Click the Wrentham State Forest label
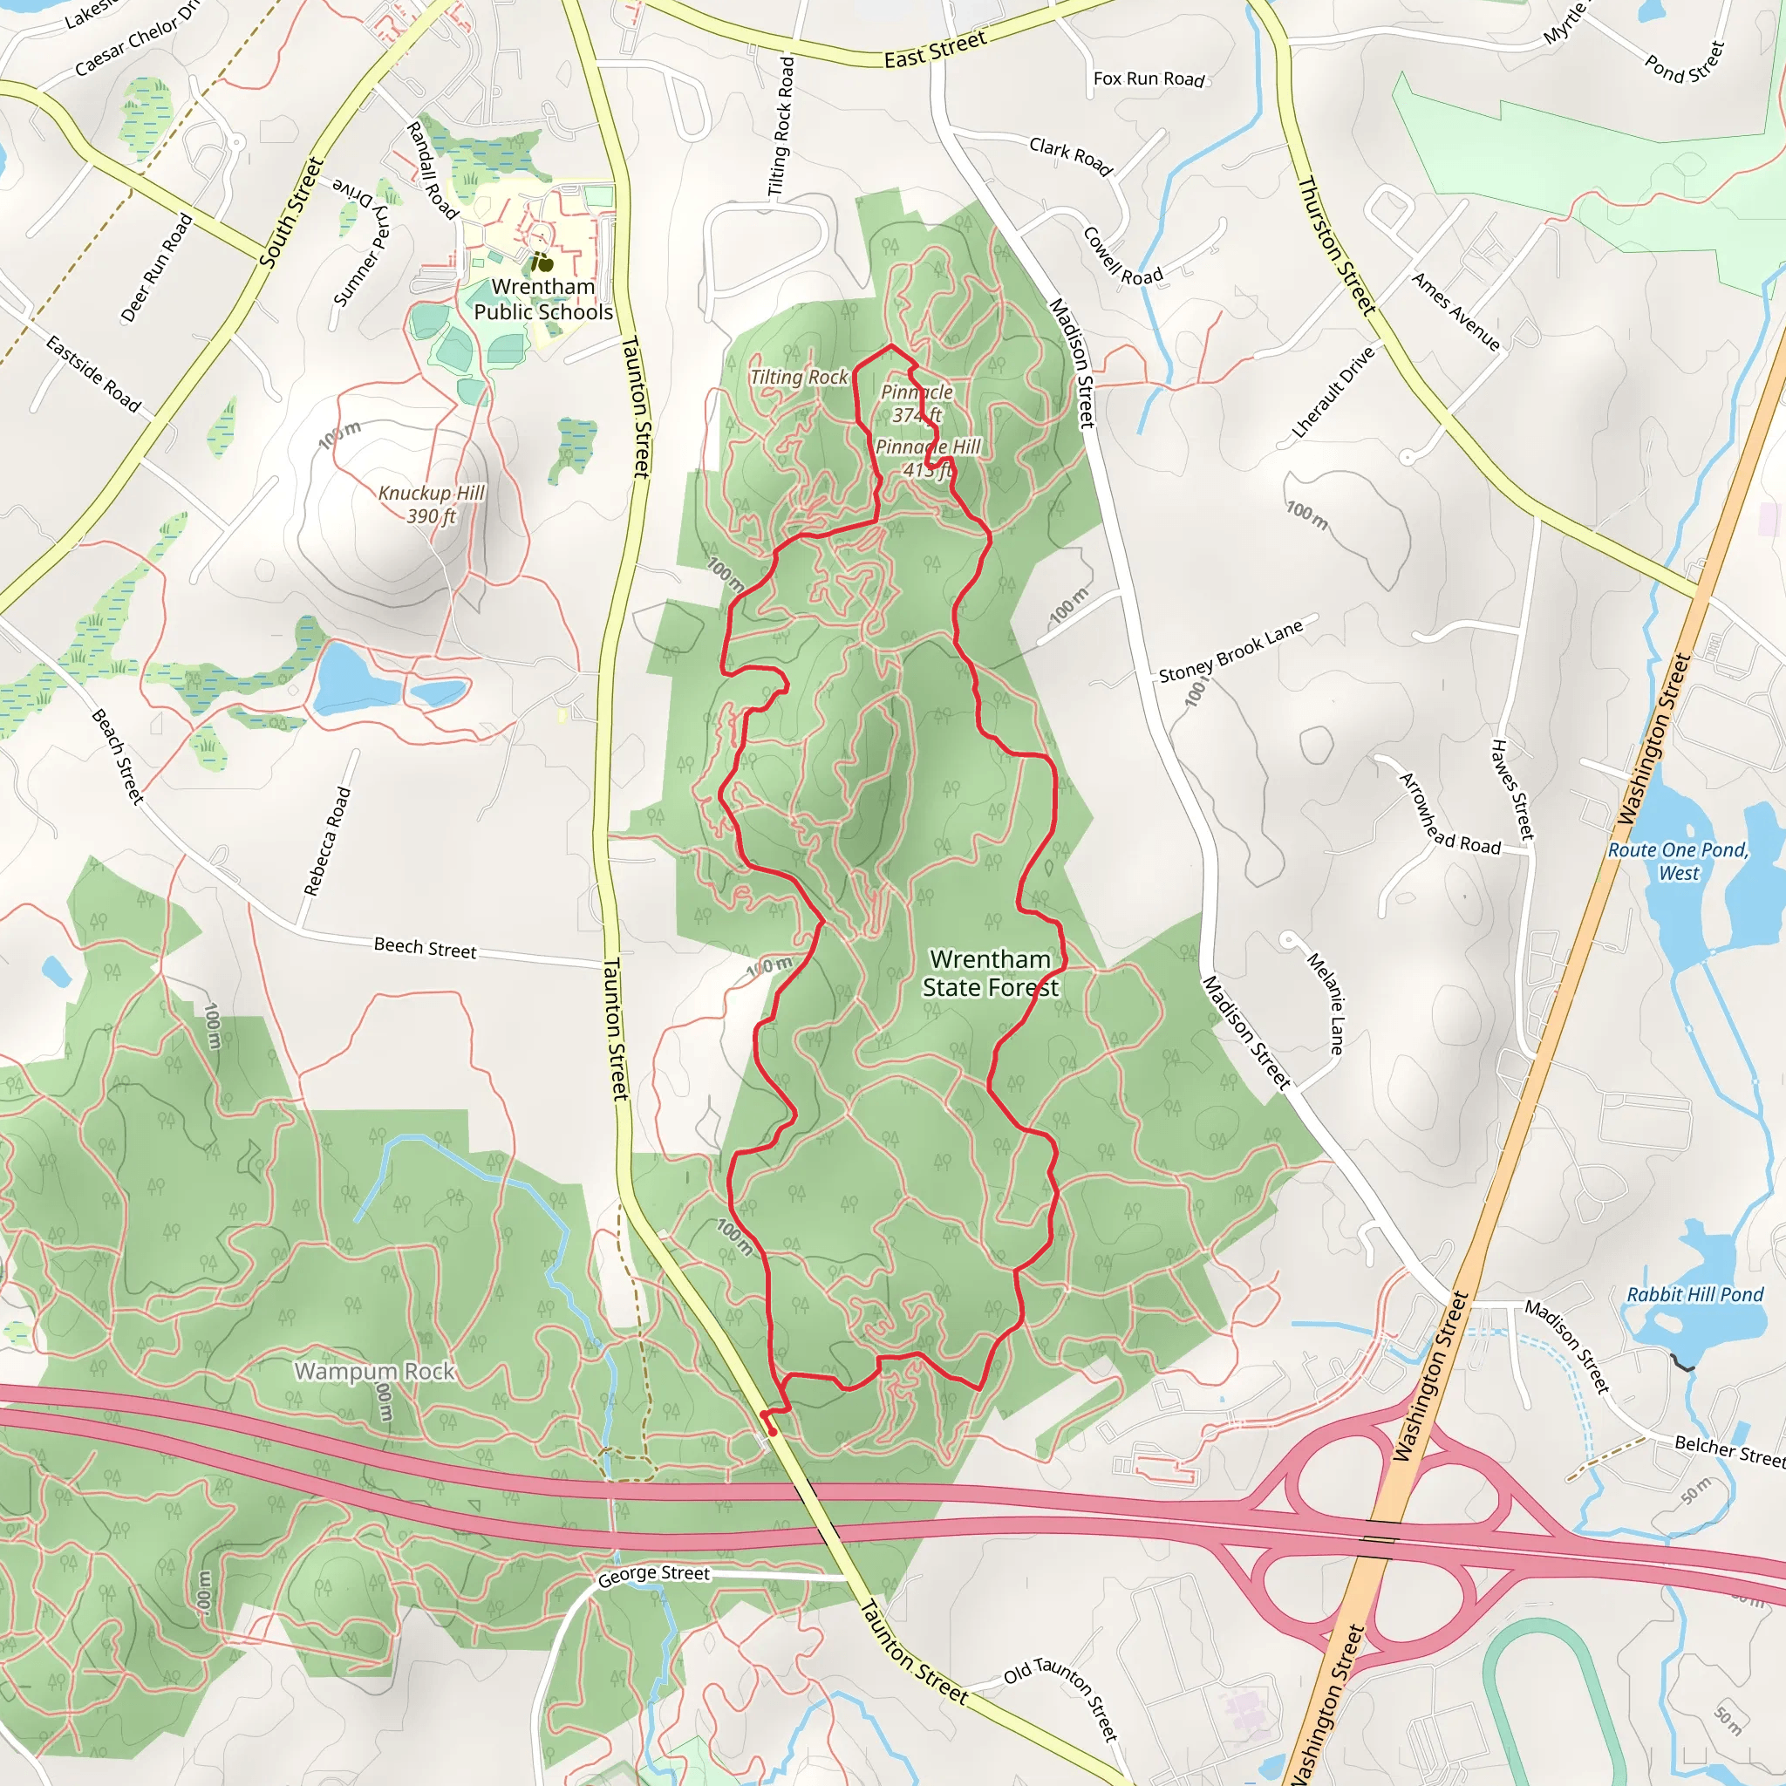point(990,973)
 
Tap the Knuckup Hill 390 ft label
point(432,504)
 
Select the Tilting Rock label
point(799,377)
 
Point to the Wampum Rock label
point(374,1371)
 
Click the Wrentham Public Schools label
point(543,299)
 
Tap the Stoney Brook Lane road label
point(1231,651)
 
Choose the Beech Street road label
point(426,948)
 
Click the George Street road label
point(653,1574)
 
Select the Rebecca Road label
point(327,842)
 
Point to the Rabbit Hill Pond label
point(1695,1294)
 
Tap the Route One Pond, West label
point(1679,861)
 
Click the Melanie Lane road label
point(1325,1003)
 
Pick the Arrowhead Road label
point(1449,815)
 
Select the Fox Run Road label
point(1149,79)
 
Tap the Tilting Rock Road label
point(782,126)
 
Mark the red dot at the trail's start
point(772,1432)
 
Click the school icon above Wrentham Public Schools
point(543,262)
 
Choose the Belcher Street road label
point(1729,1452)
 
